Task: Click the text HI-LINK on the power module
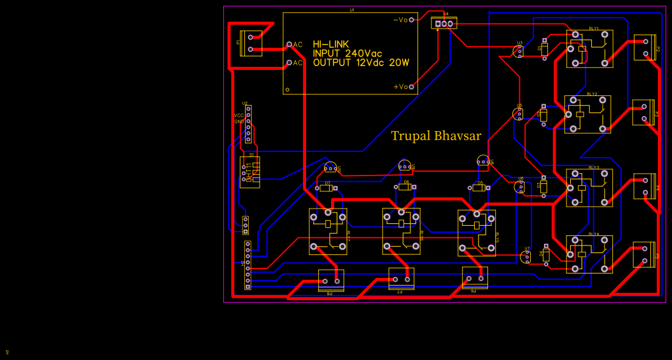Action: (330, 44)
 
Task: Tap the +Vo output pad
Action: (412, 87)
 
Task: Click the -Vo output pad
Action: (412, 20)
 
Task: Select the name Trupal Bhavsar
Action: (436, 135)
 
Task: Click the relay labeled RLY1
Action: (589, 49)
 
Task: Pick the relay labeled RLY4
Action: (589, 254)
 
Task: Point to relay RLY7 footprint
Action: (328, 232)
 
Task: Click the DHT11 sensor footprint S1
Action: (250, 172)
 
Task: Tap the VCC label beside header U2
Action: (239, 115)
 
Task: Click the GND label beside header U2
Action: (239, 121)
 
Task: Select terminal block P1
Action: (250, 43)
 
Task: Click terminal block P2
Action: (645, 47)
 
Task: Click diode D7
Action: (327, 188)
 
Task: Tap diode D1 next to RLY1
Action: (544, 48)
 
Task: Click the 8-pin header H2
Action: (248, 265)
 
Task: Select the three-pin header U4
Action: (444, 24)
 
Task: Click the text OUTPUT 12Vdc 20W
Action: (360, 63)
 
